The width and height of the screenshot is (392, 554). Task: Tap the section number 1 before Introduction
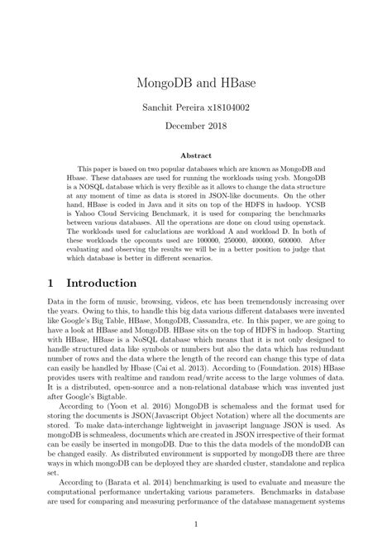click(x=51, y=283)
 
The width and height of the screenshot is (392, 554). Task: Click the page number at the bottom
click(x=195, y=524)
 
